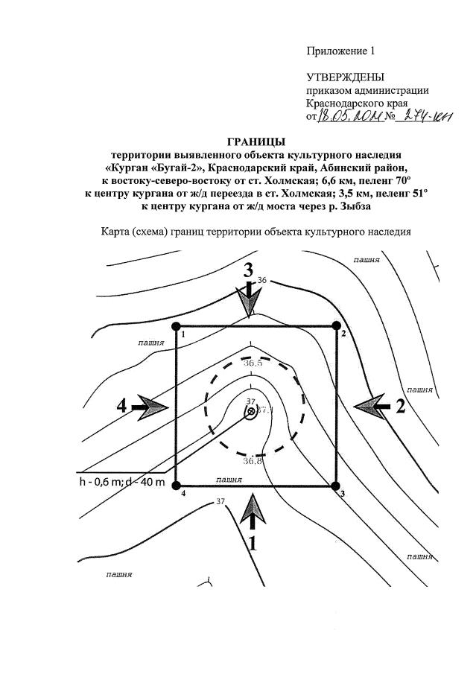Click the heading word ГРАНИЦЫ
[256, 142]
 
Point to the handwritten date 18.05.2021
[349, 116]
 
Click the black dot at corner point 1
[177, 326]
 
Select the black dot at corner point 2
[336, 325]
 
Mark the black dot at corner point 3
[337, 486]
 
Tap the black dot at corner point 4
[177, 486]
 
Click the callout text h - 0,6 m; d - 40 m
[121, 481]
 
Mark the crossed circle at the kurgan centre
[251, 411]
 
